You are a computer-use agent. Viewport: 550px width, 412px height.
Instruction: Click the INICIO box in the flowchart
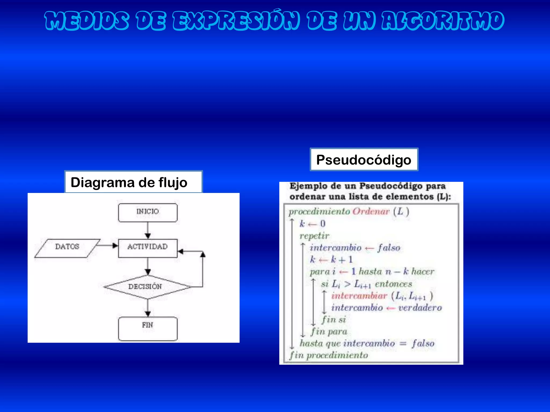click(x=147, y=212)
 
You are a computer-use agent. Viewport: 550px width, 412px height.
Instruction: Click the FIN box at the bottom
click(x=147, y=329)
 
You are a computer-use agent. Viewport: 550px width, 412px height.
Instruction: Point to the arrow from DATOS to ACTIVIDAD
click(x=107, y=245)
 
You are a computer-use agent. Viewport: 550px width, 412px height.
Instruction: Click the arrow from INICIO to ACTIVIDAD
click(x=147, y=231)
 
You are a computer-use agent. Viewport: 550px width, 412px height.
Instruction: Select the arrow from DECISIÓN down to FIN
click(x=147, y=308)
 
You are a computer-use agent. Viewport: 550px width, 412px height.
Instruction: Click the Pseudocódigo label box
click(x=364, y=160)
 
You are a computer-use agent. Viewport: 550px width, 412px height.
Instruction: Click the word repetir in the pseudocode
click(x=314, y=236)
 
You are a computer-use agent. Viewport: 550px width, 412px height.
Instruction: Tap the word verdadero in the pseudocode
click(x=420, y=308)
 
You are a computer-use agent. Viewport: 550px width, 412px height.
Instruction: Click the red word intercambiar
click(x=359, y=296)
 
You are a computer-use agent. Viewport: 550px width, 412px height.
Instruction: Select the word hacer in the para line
click(x=423, y=272)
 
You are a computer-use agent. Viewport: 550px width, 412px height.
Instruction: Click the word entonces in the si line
click(x=393, y=284)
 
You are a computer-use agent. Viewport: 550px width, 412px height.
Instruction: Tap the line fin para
click(x=329, y=332)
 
